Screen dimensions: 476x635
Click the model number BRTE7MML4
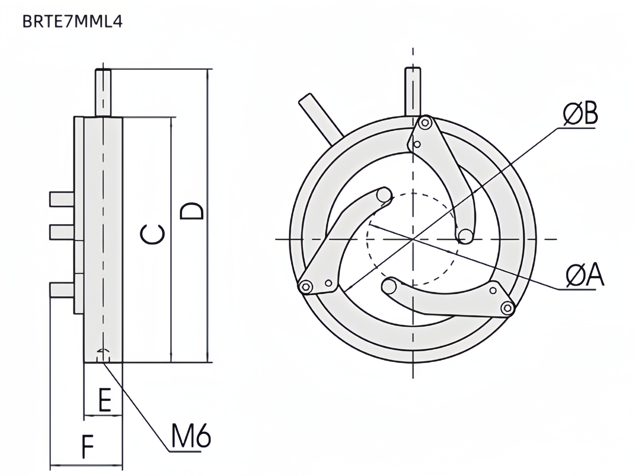[72, 22]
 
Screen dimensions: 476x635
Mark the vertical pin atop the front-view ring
[413, 91]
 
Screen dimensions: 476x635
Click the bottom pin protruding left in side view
[61, 290]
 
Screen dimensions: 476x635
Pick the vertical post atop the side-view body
[103, 92]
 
